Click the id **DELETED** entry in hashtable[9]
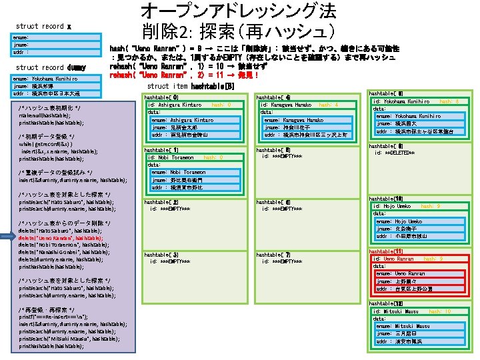click(395, 153)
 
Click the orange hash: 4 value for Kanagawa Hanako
click(328, 105)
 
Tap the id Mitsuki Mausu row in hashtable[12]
click(397, 311)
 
